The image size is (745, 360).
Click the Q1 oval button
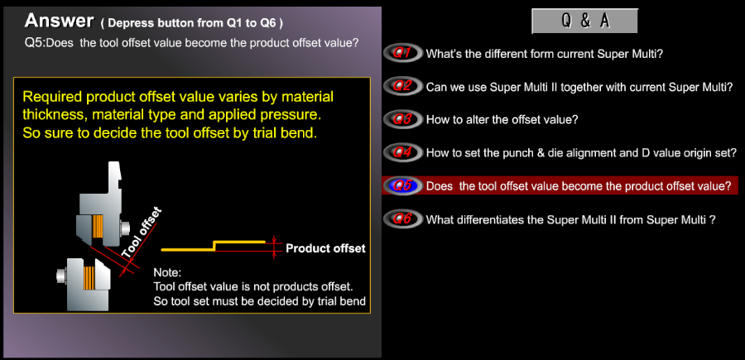(402, 54)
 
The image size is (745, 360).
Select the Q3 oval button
(402, 119)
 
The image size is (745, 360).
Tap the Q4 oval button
(402, 152)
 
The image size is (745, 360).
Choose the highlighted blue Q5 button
(402, 185)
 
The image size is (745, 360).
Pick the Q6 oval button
(402, 219)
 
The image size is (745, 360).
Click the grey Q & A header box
(584, 21)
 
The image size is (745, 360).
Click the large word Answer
(59, 21)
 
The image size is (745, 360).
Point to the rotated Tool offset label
(141, 233)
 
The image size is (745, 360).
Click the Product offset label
(325, 248)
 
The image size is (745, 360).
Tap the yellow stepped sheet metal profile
(213, 246)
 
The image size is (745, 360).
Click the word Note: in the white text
(166, 274)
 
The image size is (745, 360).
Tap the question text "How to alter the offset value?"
(502, 120)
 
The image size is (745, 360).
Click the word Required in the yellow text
(52, 98)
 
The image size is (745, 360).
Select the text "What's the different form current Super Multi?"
(544, 54)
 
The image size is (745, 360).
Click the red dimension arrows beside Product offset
(274, 247)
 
